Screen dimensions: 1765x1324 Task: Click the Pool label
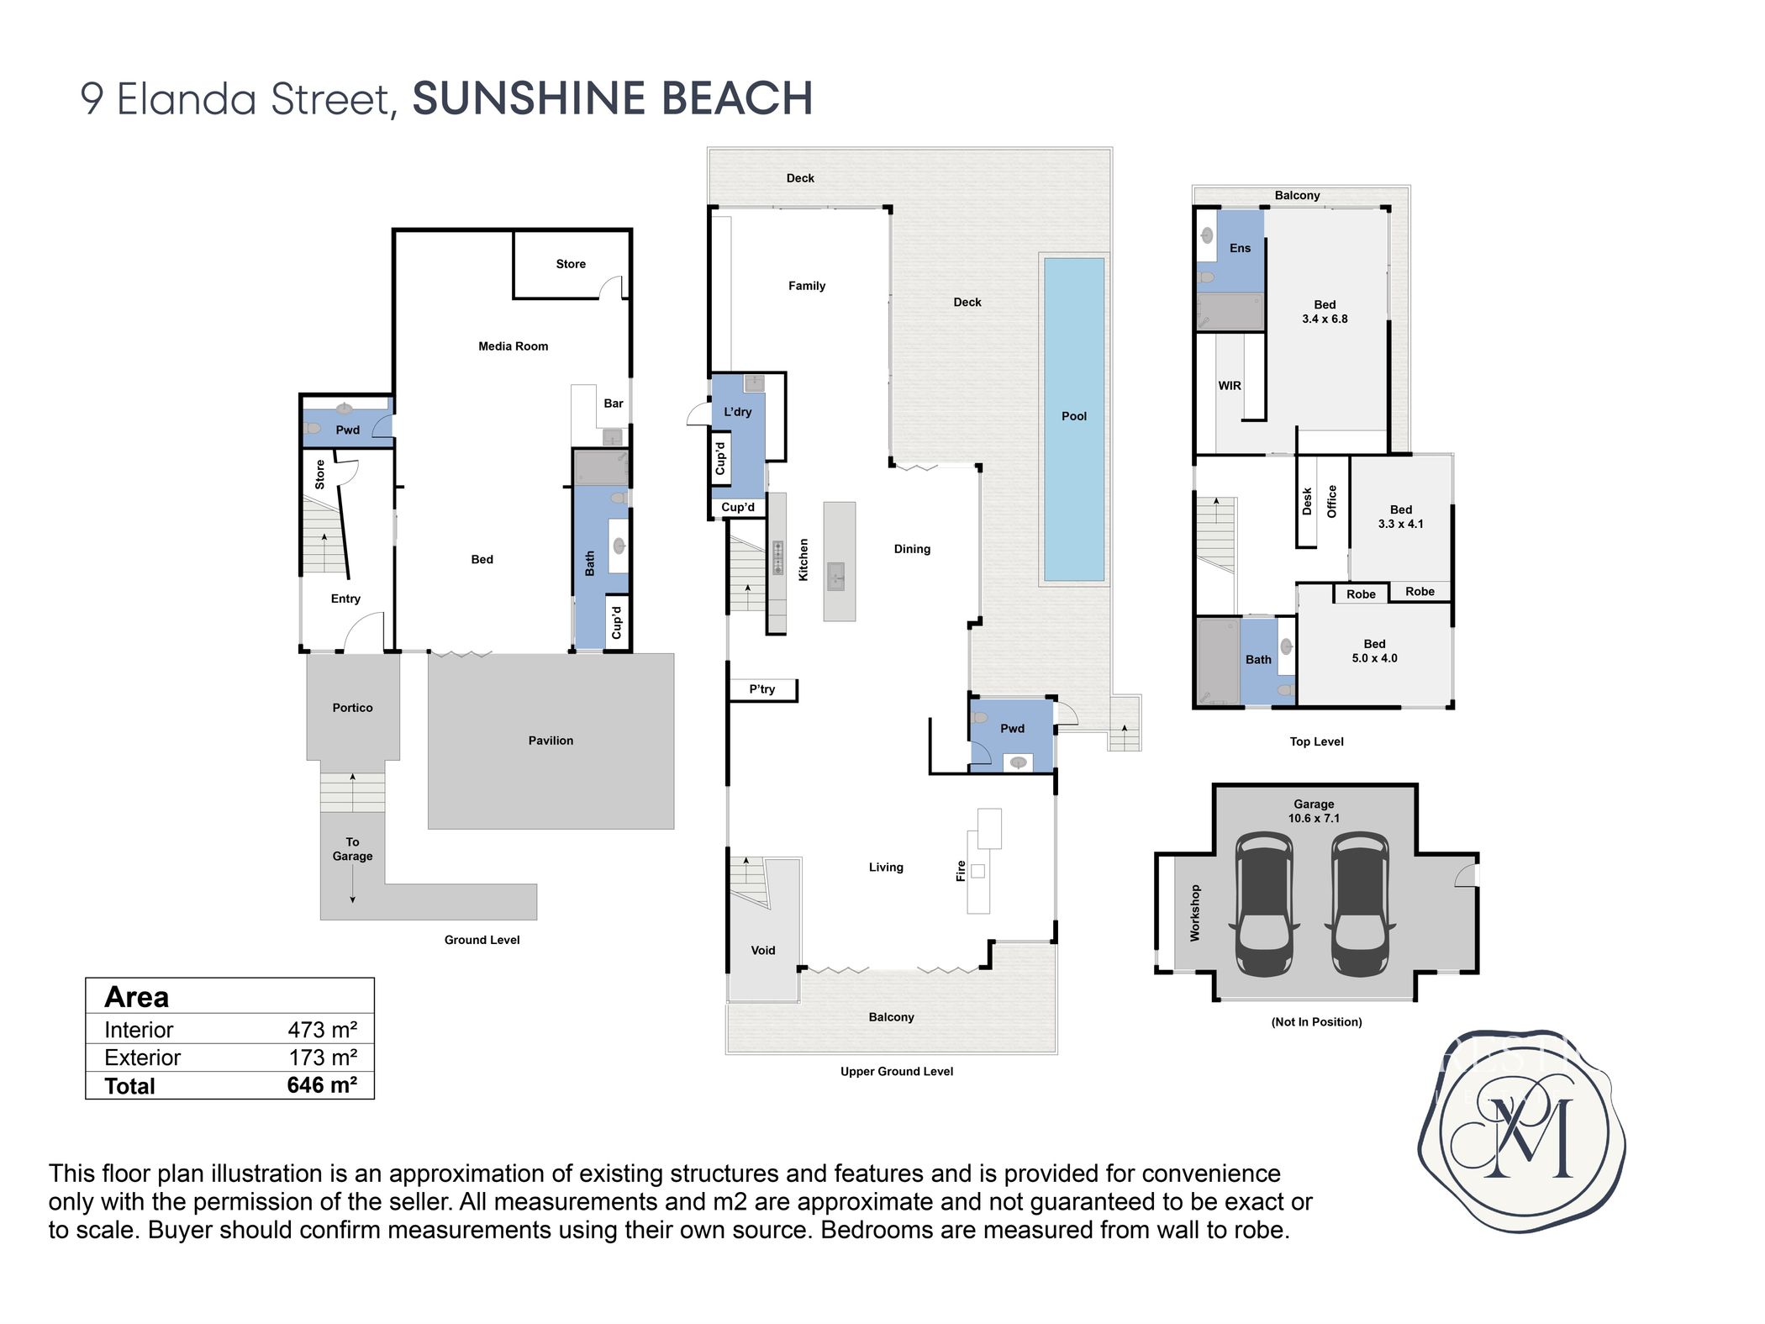(x=1073, y=416)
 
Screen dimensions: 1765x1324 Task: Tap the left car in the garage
(x=1265, y=905)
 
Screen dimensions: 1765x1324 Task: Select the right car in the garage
(x=1361, y=905)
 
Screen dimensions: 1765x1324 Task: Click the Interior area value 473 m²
(x=322, y=1030)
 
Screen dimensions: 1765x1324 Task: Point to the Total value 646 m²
(x=322, y=1085)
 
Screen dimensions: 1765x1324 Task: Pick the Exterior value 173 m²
(x=323, y=1058)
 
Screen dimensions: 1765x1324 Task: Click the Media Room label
(x=513, y=346)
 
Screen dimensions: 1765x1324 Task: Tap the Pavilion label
(x=551, y=741)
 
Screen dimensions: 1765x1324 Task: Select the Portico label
(x=352, y=708)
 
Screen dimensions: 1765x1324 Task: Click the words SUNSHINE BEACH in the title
(x=613, y=98)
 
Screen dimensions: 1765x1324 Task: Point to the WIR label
(x=1230, y=386)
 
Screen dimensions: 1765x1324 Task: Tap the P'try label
(x=761, y=689)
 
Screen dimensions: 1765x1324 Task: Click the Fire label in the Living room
(x=961, y=871)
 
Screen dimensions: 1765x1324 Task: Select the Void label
(x=763, y=951)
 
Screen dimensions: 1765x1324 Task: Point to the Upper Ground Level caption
(x=897, y=1072)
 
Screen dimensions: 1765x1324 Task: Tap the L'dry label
(x=737, y=412)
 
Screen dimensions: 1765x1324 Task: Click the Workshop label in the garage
(x=1195, y=913)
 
